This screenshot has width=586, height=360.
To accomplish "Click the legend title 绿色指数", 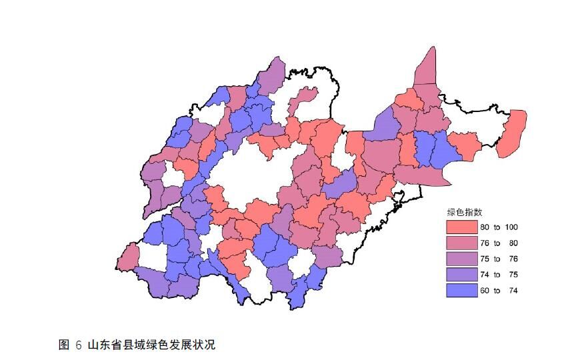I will [465, 212].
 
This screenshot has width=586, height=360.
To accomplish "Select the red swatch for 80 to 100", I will [462, 227].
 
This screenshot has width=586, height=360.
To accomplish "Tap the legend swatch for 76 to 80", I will [462, 243].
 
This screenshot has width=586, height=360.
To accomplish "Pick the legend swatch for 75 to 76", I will [462, 259].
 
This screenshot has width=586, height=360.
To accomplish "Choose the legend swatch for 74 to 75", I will [462, 275].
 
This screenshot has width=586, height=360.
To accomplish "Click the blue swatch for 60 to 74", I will [462, 291].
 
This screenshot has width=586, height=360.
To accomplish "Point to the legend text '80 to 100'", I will [499, 227].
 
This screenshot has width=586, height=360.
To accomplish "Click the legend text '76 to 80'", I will [499, 243].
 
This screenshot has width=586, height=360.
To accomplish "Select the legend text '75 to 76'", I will [499, 259].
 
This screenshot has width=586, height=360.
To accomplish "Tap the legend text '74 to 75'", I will [499, 275].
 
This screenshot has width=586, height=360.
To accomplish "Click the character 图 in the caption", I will [64, 345].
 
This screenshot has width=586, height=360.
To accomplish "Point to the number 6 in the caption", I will [79, 345].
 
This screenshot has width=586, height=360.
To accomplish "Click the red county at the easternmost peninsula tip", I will [513, 133].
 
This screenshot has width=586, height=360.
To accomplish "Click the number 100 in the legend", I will [511, 227].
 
